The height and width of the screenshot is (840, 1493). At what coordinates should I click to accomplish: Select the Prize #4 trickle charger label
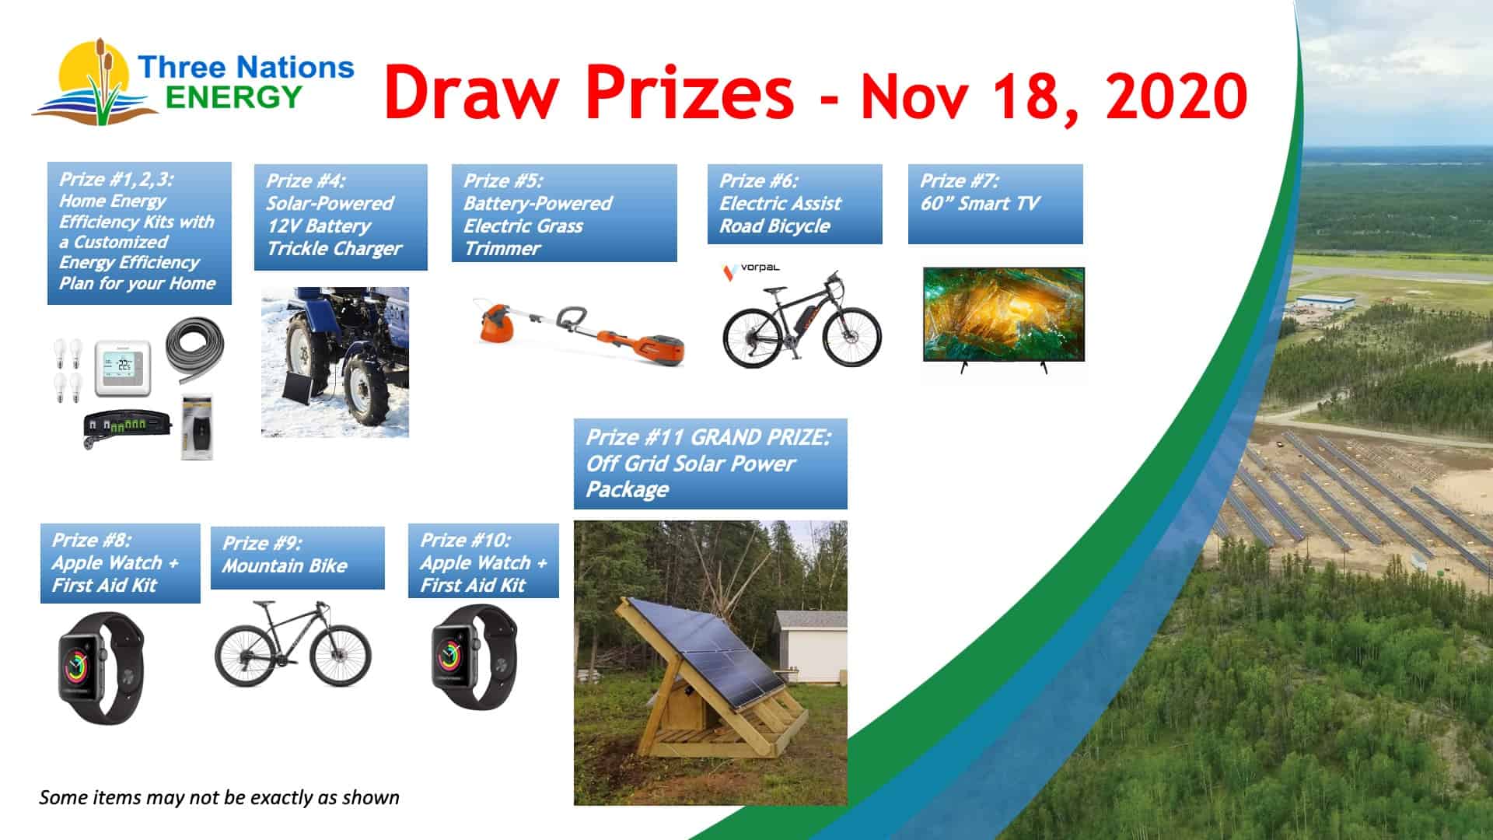tap(341, 217)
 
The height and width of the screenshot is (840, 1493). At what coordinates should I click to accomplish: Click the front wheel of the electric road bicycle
tap(851, 338)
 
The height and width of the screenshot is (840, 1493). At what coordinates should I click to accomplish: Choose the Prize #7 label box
tap(995, 204)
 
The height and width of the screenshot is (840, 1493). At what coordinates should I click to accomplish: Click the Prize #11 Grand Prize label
tap(710, 464)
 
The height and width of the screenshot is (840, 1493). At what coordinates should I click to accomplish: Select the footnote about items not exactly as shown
tap(219, 797)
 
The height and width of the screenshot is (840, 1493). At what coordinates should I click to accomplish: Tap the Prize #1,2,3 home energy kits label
tap(139, 233)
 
